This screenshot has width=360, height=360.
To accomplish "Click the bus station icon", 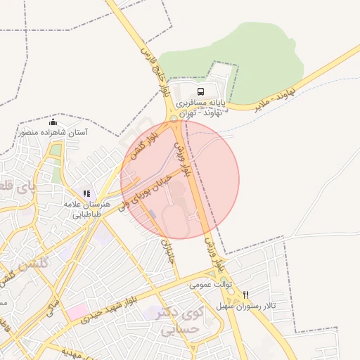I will [202, 92].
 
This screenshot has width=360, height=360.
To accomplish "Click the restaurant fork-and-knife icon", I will [245, 295].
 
